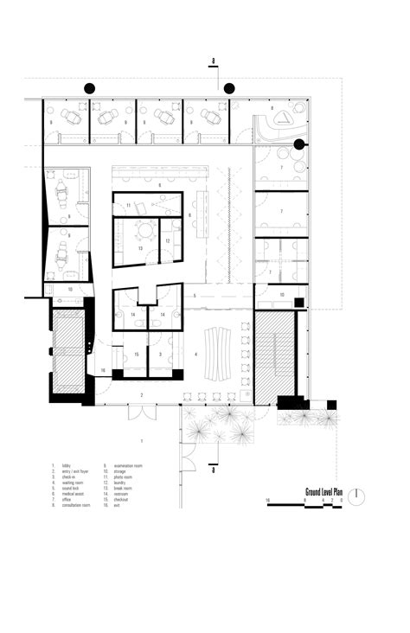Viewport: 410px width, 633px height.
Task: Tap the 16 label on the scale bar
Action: pos(269,501)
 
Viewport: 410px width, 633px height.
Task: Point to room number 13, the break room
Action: pos(139,248)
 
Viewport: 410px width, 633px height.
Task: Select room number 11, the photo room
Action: pos(129,205)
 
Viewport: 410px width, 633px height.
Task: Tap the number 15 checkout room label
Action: pos(136,355)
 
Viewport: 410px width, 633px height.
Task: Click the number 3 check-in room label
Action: pos(162,355)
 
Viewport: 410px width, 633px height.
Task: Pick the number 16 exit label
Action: pos(102,369)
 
